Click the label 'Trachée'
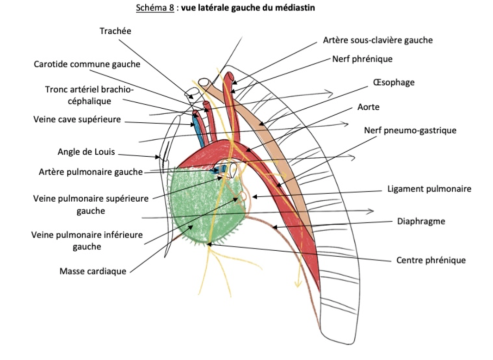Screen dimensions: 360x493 tap(116, 31)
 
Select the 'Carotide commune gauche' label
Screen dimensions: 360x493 tap(87, 64)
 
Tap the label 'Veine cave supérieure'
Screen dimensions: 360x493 tap(77, 119)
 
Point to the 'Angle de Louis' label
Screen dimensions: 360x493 tap(86, 152)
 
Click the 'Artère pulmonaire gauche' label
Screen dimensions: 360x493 tap(91, 172)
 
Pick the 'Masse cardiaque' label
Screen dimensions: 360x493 tap(92, 271)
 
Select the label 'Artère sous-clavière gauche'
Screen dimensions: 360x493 tap(378, 40)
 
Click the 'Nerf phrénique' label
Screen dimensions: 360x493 tap(362, 59)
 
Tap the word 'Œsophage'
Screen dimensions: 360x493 tap(393, 82)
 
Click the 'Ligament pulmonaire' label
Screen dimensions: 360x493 tap(429, 189)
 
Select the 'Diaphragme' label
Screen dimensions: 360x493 tap(421, 221)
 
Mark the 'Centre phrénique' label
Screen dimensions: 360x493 tap(431, 260)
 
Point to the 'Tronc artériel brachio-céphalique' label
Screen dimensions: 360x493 tap(89, 95)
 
